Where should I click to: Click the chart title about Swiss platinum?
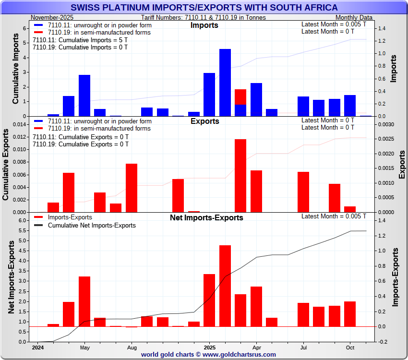click(204, 8)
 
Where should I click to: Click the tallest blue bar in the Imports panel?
click(225, 82)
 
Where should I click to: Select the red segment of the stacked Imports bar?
click(240, 96)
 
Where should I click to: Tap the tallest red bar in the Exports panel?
click(240, 175)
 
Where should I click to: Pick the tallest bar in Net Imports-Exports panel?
click(225, 286)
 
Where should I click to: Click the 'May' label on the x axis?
click(85, 347)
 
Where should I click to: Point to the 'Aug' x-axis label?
click(132, 347)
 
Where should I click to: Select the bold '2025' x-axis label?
click(210, 347)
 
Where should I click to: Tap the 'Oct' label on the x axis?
click(350, 347)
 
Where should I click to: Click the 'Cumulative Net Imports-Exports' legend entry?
click(92, 225)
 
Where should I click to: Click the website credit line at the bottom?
click(208, 354)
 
